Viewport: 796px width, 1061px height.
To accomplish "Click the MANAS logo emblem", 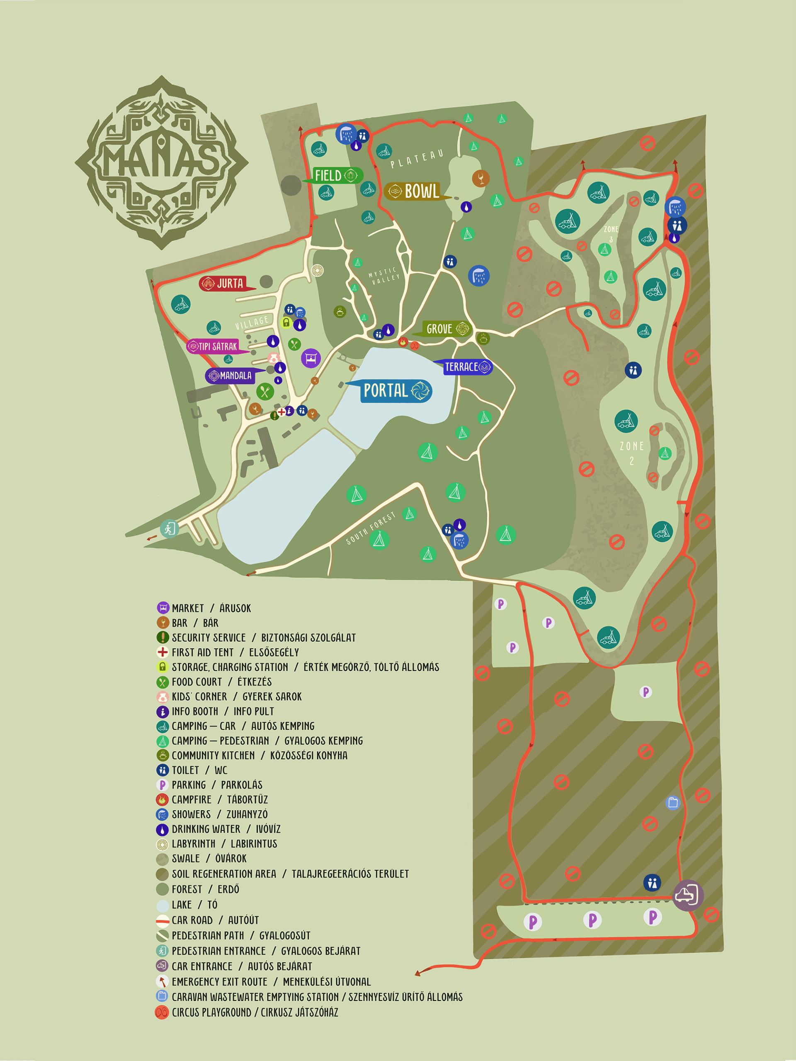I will [x=161, y=162].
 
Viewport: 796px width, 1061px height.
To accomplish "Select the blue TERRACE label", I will [x=464, y=367].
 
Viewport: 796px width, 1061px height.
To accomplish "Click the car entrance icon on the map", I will [x=687, y=895].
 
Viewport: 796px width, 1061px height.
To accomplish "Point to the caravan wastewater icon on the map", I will [x=673, y=802].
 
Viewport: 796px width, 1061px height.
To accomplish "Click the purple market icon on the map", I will [x=311, y=358].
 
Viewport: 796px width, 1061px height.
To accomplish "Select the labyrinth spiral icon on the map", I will [x=317, y=271].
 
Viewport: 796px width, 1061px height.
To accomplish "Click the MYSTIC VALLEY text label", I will [x=383, y=275].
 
